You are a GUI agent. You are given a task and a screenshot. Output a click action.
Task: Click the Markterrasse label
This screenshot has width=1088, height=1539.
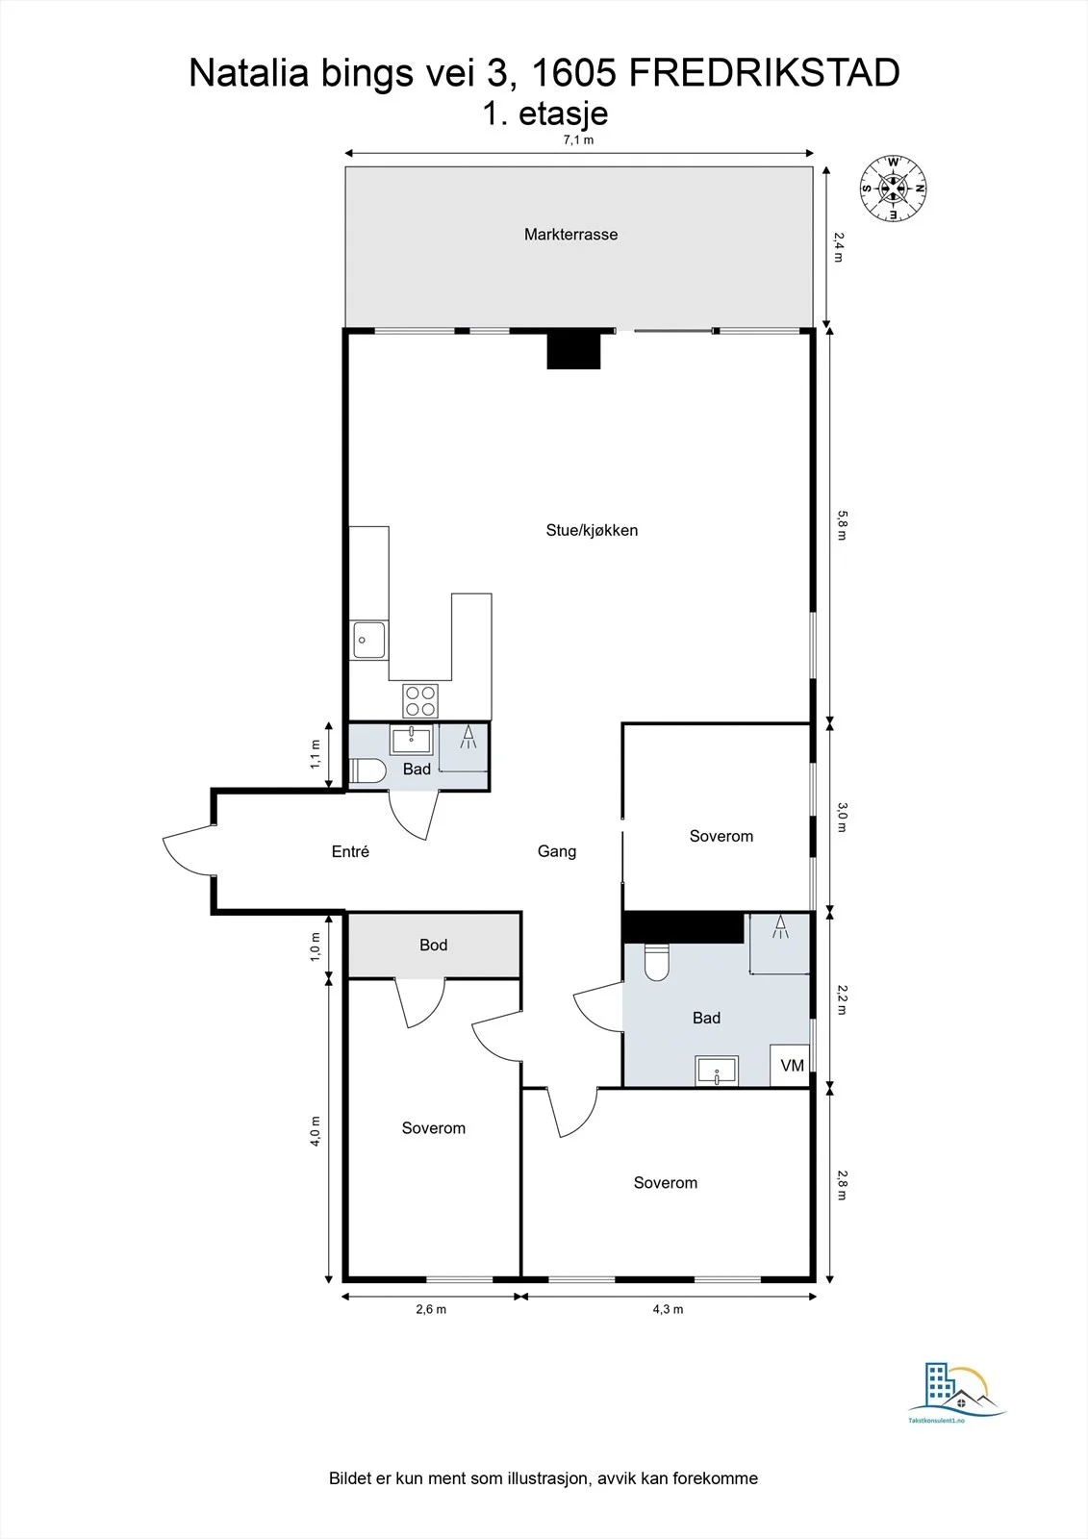570,235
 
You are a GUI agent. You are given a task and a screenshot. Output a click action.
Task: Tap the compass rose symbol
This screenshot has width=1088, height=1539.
893,189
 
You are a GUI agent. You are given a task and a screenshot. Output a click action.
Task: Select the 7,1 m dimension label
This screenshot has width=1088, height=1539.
579,140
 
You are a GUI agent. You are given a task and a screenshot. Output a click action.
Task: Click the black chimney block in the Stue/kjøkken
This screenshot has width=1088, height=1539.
574,350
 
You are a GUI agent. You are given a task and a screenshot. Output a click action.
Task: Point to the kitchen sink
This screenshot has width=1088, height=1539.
369,640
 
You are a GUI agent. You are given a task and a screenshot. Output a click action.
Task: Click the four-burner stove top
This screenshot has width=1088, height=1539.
420,701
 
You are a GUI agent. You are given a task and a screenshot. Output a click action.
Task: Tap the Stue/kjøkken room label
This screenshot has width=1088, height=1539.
592,530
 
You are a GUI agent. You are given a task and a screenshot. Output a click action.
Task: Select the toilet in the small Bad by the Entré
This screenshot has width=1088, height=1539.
367,770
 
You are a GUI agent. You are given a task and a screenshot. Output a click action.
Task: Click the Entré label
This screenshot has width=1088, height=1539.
350,852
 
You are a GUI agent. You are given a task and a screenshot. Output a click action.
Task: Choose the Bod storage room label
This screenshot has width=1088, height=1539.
434,946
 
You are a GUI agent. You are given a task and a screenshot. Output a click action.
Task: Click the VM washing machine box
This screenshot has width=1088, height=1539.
790,1066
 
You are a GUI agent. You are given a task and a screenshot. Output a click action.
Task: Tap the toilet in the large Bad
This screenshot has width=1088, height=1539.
657,962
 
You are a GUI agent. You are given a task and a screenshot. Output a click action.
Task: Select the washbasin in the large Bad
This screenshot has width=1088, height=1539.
717,1071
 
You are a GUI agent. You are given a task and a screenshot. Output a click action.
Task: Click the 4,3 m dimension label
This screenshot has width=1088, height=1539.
668,1309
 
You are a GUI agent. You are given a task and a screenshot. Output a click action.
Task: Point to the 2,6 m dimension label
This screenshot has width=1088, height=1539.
431,1309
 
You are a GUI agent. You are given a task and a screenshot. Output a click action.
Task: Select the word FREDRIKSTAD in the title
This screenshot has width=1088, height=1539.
764,73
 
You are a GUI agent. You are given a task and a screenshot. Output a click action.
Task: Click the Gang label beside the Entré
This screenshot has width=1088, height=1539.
557,852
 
